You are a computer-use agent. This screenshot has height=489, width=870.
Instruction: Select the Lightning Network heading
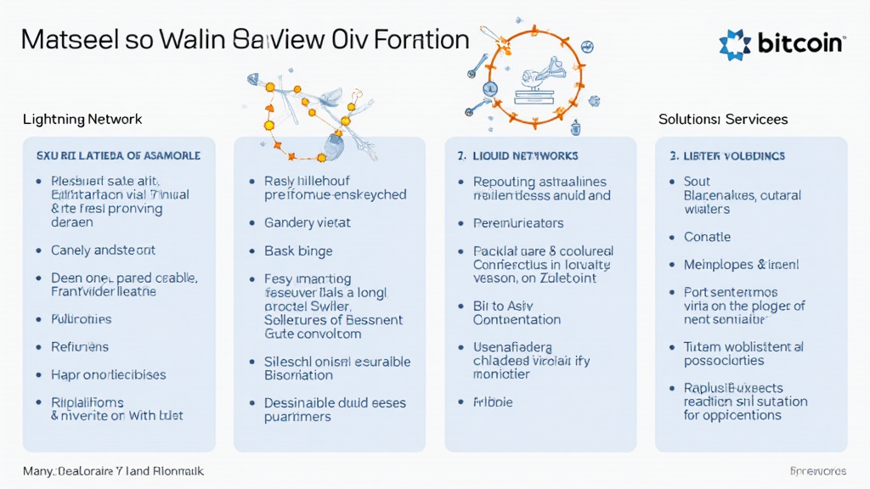pos(82,120)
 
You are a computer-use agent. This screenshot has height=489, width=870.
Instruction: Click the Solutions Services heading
pos(723,120)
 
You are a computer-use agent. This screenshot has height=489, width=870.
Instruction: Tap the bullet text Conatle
pos(707,237)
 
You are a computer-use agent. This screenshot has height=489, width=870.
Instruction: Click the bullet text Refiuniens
pos(80,347)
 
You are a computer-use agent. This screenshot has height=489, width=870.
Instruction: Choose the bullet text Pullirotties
pos(82,319)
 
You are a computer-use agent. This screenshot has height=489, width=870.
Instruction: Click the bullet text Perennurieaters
pos(518,223)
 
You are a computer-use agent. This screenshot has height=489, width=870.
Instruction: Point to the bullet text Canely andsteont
pos(103,250)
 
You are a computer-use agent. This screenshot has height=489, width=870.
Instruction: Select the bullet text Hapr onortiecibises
pos(109,374)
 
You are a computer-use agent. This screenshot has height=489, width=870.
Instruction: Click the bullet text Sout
pos(697,182)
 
